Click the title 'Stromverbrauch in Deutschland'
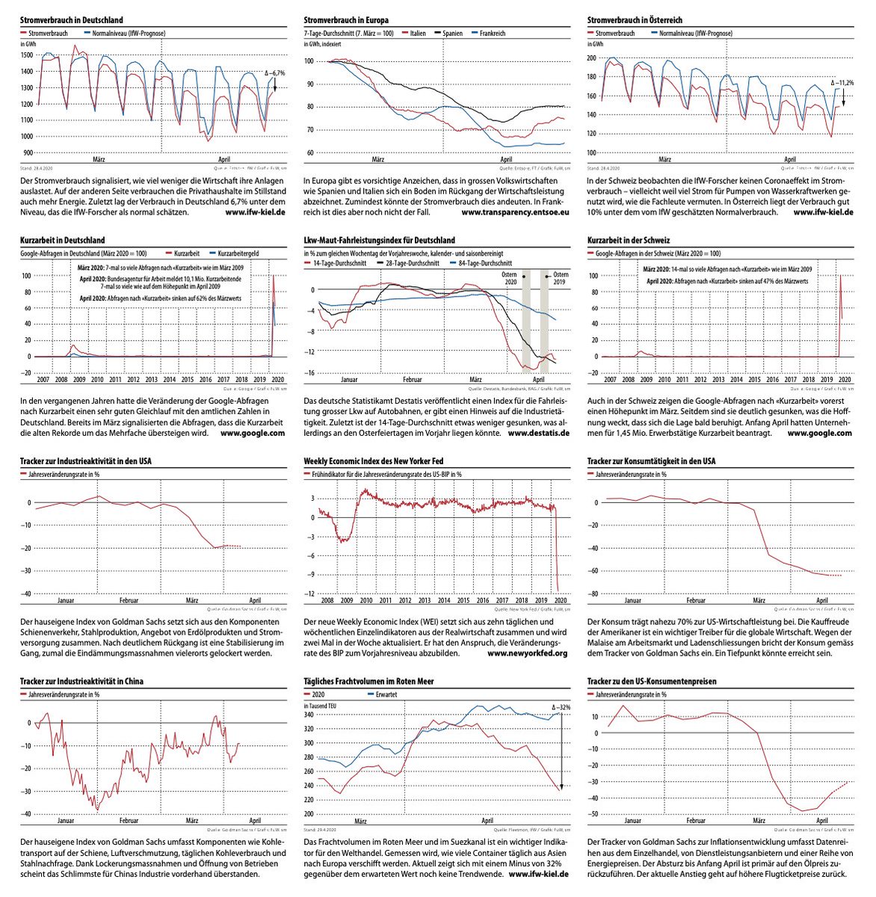(x=71, y=20)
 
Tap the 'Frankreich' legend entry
(x=493, y=34)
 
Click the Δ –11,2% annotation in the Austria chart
(x=842, y=82)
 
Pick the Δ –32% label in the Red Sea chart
(x=561, y=706)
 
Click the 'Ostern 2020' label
(x=511, y=279)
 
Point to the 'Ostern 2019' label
(x=561, y=279)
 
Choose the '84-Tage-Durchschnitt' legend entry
(x=485, y=263)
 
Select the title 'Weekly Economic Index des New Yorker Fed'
(x=374, y=461)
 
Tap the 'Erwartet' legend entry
(x=387, y=694)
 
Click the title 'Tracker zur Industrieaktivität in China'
(x=81, y=682)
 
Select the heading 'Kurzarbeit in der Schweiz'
(x=629, y=241)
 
